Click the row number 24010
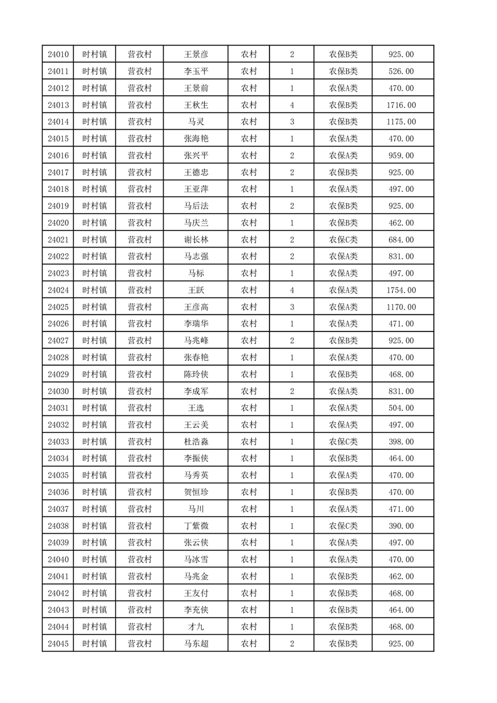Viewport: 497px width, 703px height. (x=58, y=55)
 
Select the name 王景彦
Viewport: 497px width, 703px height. (x=196, y=55)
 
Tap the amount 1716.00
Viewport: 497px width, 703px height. (x=401, y=105)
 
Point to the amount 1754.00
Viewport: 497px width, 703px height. (x=401, y=290)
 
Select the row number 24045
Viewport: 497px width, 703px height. (x=58, y=643)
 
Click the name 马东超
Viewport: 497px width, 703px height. (x=196, y=643)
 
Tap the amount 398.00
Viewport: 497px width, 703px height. (x=401, y=442)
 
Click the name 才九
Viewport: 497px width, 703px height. (x=196, y=627)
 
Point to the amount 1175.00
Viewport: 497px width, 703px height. (x=401, y=122)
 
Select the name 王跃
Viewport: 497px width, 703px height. (x=196, y=290)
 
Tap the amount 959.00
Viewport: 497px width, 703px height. (x=401, y=155)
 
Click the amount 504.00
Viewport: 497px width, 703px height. (x=401, y=408)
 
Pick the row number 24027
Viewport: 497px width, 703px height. (x=58, y=341)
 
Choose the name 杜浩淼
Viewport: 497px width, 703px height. (x=196, y=442)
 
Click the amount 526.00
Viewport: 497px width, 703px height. (x=401, y=71)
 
